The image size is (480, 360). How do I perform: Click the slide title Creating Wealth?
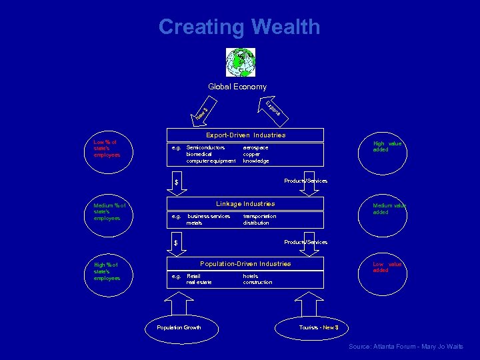[x=239, y=27]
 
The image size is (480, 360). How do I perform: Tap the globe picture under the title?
[x=240, y=62]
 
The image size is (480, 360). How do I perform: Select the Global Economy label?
[x=237, y=87]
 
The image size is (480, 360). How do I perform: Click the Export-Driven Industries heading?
[x=245, y=135]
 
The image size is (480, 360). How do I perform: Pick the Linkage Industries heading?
[x=245, y=203]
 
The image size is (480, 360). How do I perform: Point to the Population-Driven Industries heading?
[x=245, y=264]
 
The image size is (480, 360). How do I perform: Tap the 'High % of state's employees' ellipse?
[x=107, y=271]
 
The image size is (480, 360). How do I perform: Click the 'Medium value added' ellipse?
[x=389, y=209]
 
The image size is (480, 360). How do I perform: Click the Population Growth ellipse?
[x=179, y=327]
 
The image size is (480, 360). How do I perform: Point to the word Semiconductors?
[x=205, y=147]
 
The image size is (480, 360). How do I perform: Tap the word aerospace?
[x=255, y=147]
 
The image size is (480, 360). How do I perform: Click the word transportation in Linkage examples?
[x=259, y=216]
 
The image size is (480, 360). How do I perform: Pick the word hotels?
[x=251, y=275]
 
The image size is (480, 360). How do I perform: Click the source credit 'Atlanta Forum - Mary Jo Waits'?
[x=405, y=347]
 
